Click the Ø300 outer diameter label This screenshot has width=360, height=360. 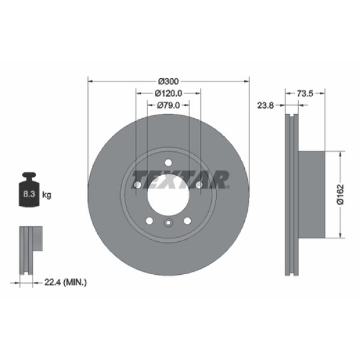tap(169, 81)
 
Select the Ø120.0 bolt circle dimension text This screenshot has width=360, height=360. tap(169, 93)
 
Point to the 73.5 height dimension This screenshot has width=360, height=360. tap(306, 93)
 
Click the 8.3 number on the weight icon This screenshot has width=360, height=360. tap(28, 195)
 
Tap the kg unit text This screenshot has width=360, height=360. tap(47, 195)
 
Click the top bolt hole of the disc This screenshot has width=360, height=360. tap(169, 162)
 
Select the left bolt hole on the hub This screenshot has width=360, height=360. tap(137, 185)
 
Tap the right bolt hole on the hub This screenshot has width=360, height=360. tap(199, 185)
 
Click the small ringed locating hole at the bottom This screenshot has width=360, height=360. tap(169, 224)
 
